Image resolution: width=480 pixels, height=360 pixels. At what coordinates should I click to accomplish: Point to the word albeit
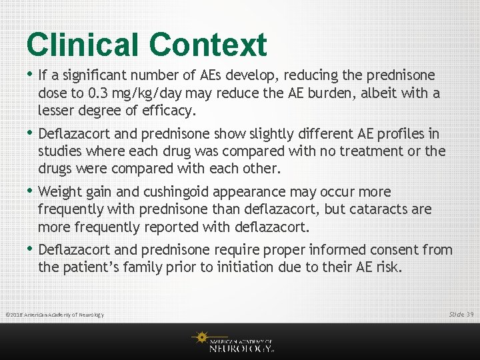pyautogui.click(x=381, y=93)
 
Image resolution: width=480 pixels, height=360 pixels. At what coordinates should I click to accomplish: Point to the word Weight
pyautogui.click(x=61, y=192)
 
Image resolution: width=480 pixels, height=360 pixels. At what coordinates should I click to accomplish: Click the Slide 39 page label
pyautogui.click(x=461, y=314)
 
